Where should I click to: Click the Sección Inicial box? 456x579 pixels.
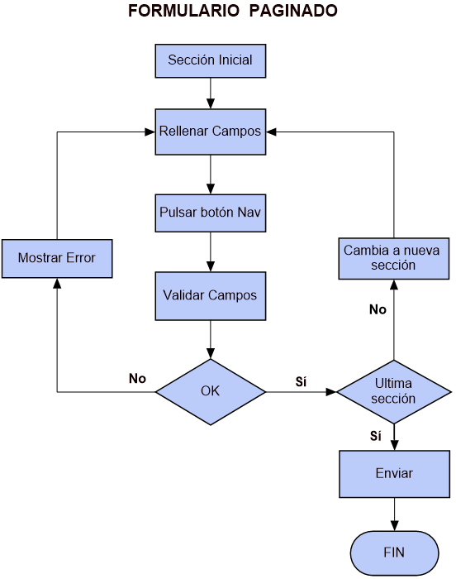click(211, 61)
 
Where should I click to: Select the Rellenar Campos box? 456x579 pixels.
click(211, 132)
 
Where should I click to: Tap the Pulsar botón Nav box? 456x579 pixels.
click(211, 213)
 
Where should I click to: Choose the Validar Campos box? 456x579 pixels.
click(211, 296)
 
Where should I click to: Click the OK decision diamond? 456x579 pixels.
click(211, 392)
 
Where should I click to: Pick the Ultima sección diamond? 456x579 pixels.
click(394, 392)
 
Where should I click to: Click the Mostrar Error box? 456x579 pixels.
click(57, 258)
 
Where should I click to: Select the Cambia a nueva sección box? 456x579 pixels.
click(394, 258)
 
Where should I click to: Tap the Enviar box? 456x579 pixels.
click(394, 474)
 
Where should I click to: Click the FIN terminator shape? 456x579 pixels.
click(394, 553)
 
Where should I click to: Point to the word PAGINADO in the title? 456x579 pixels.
click(293, 11)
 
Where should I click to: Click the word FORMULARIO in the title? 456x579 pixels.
click(183, 11)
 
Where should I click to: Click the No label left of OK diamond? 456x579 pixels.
click(137, 379)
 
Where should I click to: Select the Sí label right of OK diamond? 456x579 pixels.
click(301, 381)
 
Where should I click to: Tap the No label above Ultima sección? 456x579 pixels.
click(378, 309)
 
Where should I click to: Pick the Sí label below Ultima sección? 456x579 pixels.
click(376, 436)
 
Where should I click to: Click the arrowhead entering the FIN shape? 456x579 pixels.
click(394, 526)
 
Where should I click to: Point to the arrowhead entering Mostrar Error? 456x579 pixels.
click(57, 283)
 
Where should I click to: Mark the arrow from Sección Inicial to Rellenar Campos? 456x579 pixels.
click(211, 93)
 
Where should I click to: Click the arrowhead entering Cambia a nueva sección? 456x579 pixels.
click(394, 285)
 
